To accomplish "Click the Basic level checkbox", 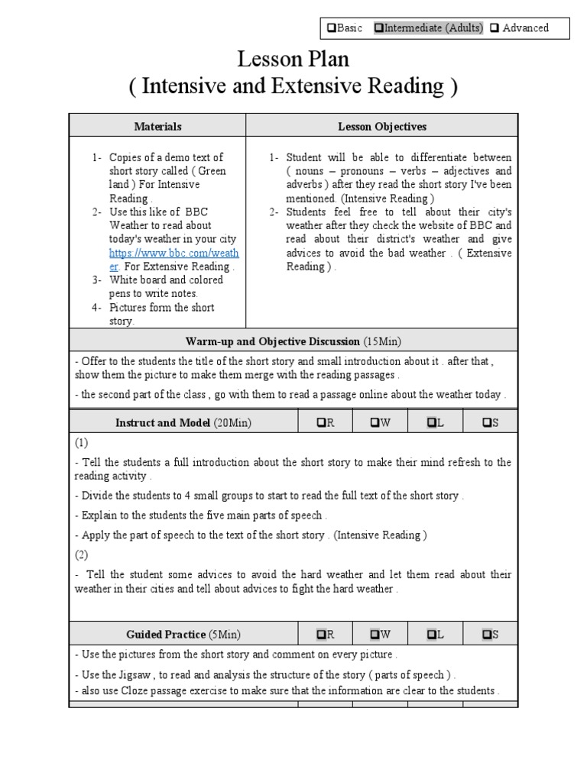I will pos(331,28).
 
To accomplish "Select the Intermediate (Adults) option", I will pos(378,28).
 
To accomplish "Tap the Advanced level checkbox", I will pos(495,28).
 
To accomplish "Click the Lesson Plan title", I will pos(293,59).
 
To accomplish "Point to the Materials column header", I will pos(157,126).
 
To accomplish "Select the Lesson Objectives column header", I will pos(382,126).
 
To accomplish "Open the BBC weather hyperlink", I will pos(163,253).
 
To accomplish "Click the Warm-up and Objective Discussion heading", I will pos(272,341).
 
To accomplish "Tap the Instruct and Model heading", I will pos(163,422).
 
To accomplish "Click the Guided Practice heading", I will pos(166,634).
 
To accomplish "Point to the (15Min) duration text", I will pos(381,341).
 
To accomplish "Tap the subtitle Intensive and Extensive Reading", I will pos(293,86).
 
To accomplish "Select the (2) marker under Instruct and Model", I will pos(82,554).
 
